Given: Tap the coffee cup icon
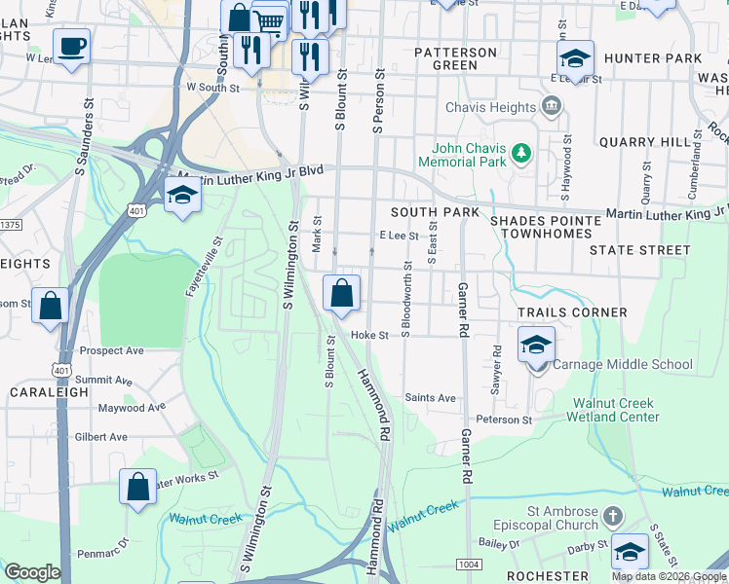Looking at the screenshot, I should (71, 47).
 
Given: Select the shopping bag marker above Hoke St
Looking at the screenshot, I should (341, 293).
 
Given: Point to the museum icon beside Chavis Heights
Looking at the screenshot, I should (553, 106).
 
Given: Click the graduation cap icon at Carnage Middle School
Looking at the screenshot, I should (535, 345).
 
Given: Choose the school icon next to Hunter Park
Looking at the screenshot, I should (575, 57).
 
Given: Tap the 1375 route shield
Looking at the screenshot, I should (9, 225).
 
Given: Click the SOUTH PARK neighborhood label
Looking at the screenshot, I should (435, 212).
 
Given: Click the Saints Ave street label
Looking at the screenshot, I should (430, 398).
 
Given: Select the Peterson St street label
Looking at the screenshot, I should (505, 420).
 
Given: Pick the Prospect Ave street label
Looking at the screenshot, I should (111, 350).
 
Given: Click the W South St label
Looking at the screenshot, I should (213, 89).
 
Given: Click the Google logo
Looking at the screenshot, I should (32, 572).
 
